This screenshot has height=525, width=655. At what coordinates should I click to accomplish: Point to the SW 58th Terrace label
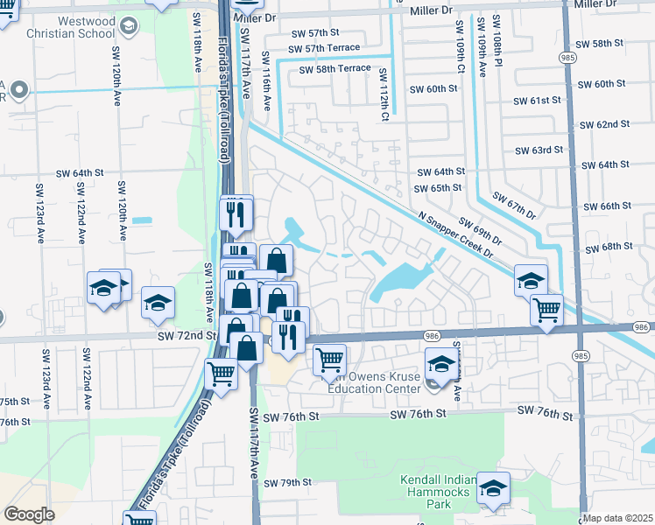click(x=335, y=69)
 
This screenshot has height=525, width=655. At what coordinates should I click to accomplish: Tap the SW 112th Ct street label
click(x=383, y=93)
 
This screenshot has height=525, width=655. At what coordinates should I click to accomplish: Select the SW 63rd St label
click(x=539, y=150)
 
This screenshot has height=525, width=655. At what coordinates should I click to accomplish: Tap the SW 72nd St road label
click(x=187, y=336)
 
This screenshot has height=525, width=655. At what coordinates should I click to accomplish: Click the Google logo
click(x=29, y=514)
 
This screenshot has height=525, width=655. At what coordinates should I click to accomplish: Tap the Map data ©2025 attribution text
click(x=618, y=518)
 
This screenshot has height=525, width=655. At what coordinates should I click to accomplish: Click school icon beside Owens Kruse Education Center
click(x=441, y=364)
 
